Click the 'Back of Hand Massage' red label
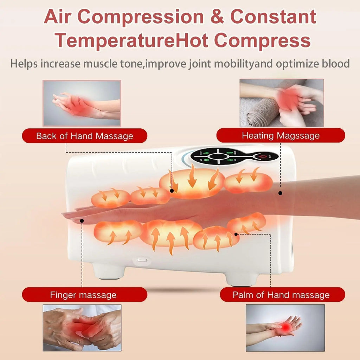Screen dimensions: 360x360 coord(84,136)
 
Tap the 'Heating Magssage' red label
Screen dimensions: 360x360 coord(281,135)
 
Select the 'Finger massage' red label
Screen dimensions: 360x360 coord(84,295)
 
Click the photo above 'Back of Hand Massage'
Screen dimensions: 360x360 coord(82,103)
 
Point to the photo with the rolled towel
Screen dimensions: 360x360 coord(282,103)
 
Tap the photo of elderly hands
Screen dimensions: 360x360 coord(82,328)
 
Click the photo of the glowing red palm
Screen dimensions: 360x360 coord(285,328)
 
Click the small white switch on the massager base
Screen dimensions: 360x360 coord(142,261)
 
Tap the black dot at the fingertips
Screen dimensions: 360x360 coord(82,221)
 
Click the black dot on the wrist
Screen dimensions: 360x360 coord(280,193)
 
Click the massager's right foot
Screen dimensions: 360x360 coord(243,278)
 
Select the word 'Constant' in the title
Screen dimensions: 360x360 coord(273,17)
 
